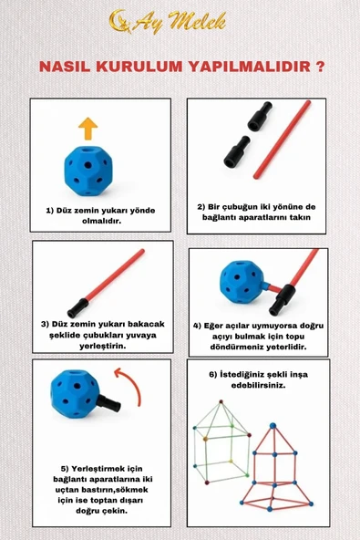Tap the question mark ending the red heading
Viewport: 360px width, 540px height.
point(320,67)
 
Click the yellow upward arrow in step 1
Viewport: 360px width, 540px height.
point(87,129)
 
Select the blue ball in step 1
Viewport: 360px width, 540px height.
point(88,171)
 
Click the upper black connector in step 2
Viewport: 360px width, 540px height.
point(260,116)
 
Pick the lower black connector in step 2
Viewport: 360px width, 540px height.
point(236,151)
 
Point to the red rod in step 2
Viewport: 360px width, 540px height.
point(282,140)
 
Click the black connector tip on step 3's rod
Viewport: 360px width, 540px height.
point(77,308)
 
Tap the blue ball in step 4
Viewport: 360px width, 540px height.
point(242,282)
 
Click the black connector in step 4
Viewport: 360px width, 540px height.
point(282,299)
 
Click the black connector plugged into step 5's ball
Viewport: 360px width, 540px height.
point(108,403)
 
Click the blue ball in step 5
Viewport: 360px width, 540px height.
point(75,394)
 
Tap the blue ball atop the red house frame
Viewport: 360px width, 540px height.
point(273,426)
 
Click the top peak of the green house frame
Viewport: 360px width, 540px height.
point(221,402)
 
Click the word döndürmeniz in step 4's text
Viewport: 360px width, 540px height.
point(237,347)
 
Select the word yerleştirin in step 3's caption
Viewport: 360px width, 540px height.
point(103,346)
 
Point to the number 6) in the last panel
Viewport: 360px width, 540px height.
point(213,374)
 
